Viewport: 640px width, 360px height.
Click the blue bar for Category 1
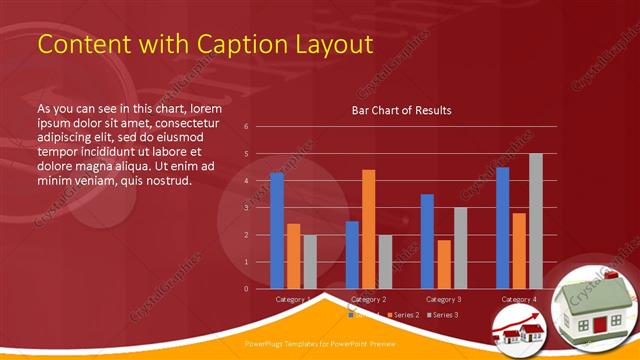(x=277, y=231)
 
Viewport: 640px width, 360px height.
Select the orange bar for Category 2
(x=369, y=229)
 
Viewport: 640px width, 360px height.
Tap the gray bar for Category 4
(x=535, y=221)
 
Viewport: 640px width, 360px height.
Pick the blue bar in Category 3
(x=427, y=241)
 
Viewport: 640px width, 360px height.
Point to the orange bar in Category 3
(x=443, y=264)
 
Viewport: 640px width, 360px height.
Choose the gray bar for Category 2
(x=385, y=261)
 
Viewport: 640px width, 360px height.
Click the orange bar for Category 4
(x=519, y=250)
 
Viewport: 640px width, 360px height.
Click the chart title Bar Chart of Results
(x=401, y=110)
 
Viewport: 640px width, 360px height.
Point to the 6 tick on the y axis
(x=246, y=127)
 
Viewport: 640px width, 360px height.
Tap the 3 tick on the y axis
(x=246, y=208)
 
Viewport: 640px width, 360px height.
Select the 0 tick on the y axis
(x=246, y=289)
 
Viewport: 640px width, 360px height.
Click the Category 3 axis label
(x=443, y=299)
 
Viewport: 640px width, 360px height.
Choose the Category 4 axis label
(x=518, y=299)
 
